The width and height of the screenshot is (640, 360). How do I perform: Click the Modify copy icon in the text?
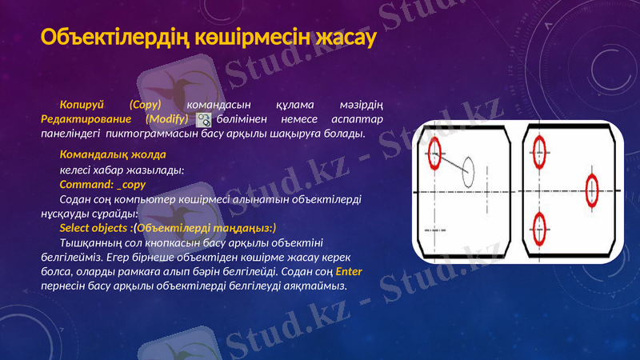click(204, 119)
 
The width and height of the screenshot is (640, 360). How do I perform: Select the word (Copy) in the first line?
click(145, 105)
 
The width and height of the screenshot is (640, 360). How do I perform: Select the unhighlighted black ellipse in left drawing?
click(468, 170)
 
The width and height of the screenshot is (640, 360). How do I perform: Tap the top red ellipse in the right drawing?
click(538, 149)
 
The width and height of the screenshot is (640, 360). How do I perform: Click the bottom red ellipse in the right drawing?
click(539, 229)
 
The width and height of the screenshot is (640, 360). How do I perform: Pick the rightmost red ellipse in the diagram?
click(592, 190)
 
